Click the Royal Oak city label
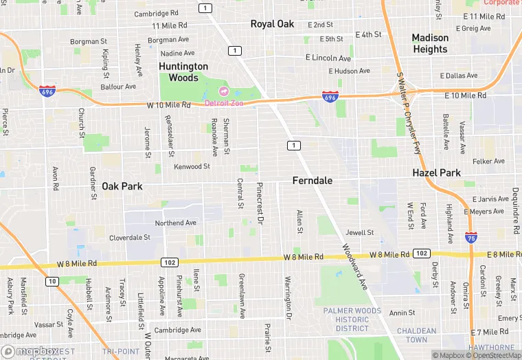[272, 24]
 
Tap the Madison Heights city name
[430, 43]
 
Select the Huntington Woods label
[183, 72]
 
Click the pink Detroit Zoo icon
[223, 91]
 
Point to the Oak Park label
[122, 186]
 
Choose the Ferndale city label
[313, 181]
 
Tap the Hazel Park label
[436, 173]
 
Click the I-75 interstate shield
[470, 238]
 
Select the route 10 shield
[52, 281]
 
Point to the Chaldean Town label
[416, 335]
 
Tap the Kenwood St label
[192, 166]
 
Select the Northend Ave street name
[175, 223]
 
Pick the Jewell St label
[360, 233]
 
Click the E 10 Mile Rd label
[466, 95]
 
